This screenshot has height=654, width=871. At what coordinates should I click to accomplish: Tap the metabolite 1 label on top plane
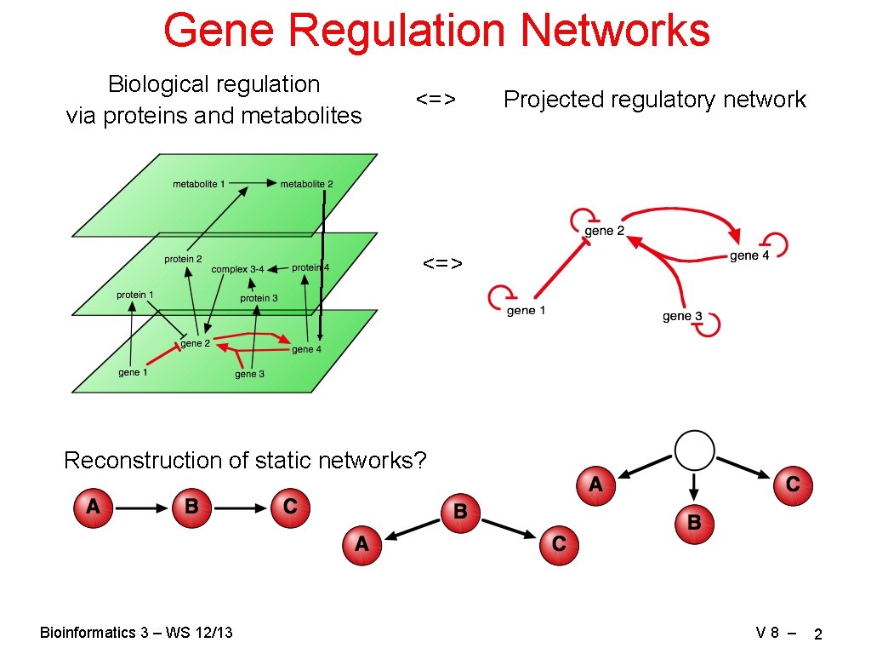click(x=199, y=184)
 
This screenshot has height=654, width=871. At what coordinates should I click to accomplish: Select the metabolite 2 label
click(x=306, y=184)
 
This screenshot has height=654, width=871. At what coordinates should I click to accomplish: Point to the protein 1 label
click(x=135, y=295)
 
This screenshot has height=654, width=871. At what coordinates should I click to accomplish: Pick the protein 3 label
click(x=259, y=298)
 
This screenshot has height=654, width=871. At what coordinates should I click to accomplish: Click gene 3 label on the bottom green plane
click(x=249, y=374)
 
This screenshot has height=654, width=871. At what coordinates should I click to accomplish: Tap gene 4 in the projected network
click(x=749, y=255)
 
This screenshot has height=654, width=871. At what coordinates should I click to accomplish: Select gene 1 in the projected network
click(x=526, y=311)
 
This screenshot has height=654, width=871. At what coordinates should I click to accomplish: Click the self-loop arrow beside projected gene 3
click(x=710, y=324)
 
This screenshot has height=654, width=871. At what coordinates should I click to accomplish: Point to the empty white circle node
click(x=694, y=450)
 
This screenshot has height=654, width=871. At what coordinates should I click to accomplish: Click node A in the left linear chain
click(x=93, y=508)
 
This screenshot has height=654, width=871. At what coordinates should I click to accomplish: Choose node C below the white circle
click(x=793, y=485)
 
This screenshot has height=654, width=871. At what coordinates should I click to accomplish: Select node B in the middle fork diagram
click(x=460, y=512)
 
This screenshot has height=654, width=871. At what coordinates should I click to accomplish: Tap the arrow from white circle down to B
click(x=694, y=486)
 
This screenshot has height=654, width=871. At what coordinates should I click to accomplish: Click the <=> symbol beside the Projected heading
click(x=436, y=100)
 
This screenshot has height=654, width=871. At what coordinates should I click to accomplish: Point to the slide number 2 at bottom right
click(x=817, y=634)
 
